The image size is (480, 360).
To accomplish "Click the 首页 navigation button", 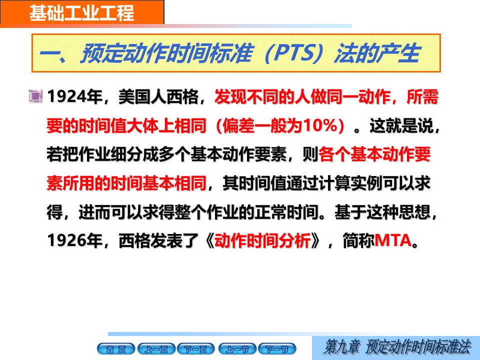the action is [x=115, y=349].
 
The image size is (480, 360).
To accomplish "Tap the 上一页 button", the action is [x=156, y=349].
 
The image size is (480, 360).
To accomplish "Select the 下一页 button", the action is [x=196, y=349].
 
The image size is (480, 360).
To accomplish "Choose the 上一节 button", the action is [x=237, y=349].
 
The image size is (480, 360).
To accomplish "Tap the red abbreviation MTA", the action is [x=393, y=240].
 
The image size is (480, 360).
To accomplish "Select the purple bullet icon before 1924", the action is [x=35, y=96].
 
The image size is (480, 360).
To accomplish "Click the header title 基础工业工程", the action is [x=81, y=13].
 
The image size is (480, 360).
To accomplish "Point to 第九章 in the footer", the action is [x=342, y=347].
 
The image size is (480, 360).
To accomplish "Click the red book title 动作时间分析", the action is [x=262, y=240].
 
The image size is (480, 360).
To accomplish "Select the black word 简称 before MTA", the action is [x=358, y=240].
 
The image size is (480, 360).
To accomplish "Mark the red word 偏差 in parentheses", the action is [x=238, y=125].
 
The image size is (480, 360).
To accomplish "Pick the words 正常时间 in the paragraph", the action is [x=287, y=212].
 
